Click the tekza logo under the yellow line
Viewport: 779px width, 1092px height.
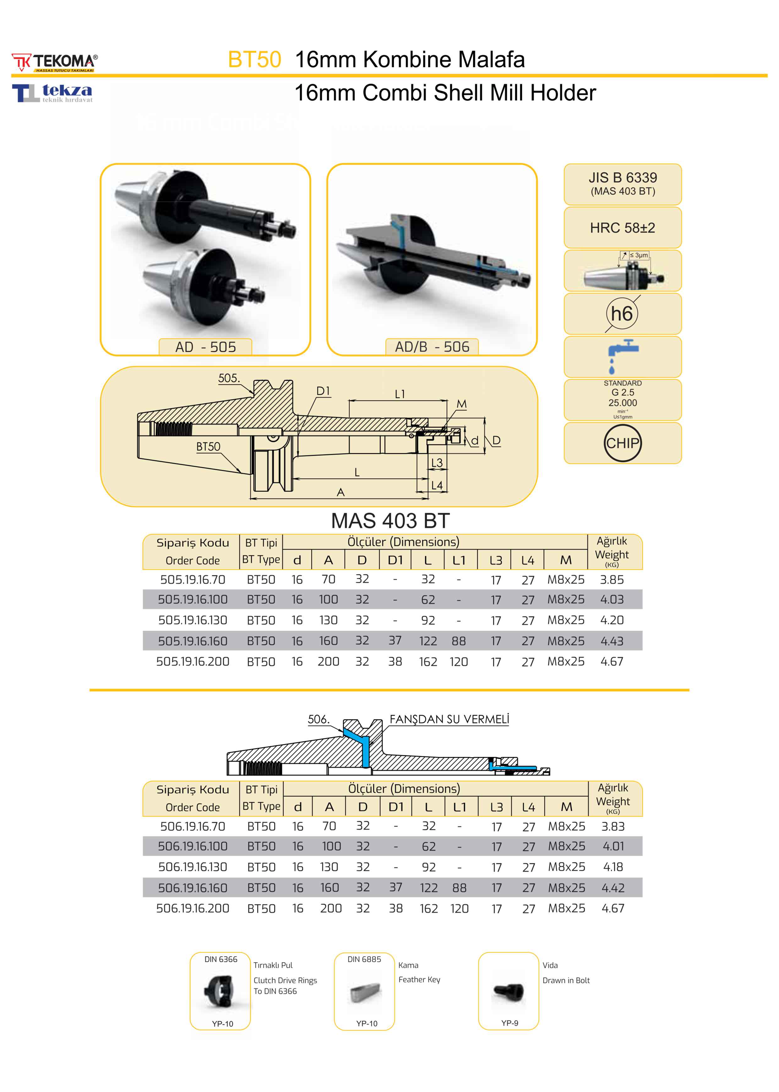pyautogui.click(x=53, y=93)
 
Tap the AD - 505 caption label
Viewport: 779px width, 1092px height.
pyautogui.click(x=205, y=347)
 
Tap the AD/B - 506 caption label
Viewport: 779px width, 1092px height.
pyautogui.click(x=432, y=347)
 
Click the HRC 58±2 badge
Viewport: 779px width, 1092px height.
pyautogui.click(x=622, y=228)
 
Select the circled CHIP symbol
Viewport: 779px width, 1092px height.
pyautogui.click(x=622, y=443)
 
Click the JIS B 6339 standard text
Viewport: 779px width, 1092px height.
pyautogui.click(x=623, y=178)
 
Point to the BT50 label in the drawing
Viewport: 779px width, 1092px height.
pyautogui.click(x=208, y=447)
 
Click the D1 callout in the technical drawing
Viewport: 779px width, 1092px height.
pyautogui.click(x=323, y=391)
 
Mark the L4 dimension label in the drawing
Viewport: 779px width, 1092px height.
pyautogui.click(x=437, y=486)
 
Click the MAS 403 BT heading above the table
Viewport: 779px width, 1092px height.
pyautogui.click(x=390, y=521)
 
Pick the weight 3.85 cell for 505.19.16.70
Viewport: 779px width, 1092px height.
pyautogui.click(x=612, y=580)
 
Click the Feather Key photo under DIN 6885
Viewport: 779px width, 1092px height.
pyautogui.click(x=366, y=991)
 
